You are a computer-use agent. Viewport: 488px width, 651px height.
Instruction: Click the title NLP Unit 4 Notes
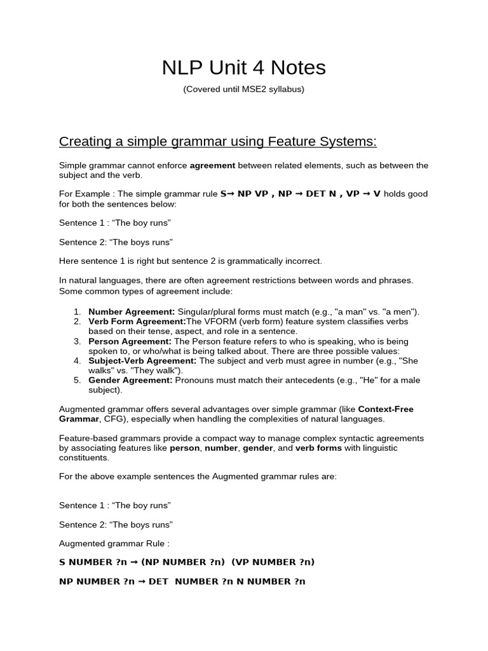click(x=243, y=67)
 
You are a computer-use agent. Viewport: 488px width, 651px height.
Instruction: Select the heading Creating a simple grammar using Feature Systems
click(x=218, y=140)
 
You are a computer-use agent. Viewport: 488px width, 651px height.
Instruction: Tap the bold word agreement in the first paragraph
click(x=212, y=165)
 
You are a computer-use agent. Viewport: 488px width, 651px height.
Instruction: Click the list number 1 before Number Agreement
click(x=76, y=312)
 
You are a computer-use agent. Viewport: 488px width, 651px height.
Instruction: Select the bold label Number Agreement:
click(x=132, y=312)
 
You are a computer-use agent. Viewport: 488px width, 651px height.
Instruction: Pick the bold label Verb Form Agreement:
click(x=137, y=322)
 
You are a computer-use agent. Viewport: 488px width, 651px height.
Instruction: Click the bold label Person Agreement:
click(x=130, y=341)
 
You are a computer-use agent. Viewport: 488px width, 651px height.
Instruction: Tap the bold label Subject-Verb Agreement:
click(x=143, y=361)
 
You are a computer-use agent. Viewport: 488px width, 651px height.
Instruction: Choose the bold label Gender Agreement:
click(x=130, y=381)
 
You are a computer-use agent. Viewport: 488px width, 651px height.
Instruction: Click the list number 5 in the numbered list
click(x=76, y=381)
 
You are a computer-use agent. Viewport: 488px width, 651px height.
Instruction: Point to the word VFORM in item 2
click(x=216, y=322)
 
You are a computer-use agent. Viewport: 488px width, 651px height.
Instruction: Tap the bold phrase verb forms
click(x=318, y=448)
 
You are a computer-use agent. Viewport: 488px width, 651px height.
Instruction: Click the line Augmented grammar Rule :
click(x=114, y=544)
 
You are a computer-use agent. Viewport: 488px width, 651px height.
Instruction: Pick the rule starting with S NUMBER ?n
click(x=187, y=562)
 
